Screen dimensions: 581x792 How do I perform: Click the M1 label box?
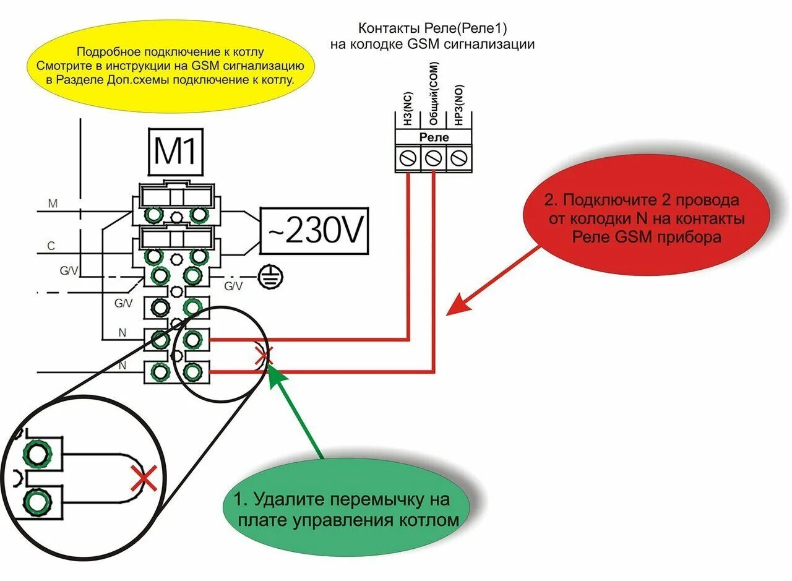[175, 151]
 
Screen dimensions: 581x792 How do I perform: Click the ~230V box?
[314, 231]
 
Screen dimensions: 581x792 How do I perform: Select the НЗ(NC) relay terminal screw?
[408, 158]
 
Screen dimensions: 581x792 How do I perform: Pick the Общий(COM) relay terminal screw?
[434, 158]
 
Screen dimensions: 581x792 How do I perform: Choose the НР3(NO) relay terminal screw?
[458, 158]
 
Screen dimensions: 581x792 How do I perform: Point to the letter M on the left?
[53, 204]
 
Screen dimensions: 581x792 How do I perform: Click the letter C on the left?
[51, 246]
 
